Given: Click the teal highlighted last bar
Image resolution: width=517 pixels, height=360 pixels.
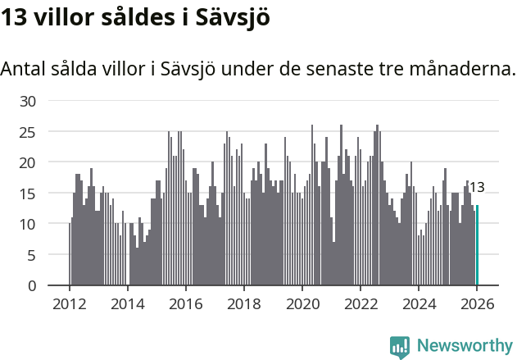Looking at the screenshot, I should click(x=477, y=246).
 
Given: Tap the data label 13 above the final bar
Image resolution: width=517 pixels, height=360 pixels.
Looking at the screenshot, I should click(x=477, y=187).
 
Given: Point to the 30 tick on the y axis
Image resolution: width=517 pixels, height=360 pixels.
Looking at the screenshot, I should click(x=29, y=101).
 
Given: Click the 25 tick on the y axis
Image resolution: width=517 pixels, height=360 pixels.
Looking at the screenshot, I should click(x=29, y=131).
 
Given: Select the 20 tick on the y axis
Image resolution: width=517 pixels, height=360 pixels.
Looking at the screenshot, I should click(x=29, y=162).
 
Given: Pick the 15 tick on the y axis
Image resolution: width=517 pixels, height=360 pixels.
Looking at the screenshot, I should click(x=29, y=193).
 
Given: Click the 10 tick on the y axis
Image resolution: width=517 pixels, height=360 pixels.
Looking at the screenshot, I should click(x=29, y=224).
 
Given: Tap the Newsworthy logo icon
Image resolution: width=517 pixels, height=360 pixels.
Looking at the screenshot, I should click(x=400, y=347).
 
